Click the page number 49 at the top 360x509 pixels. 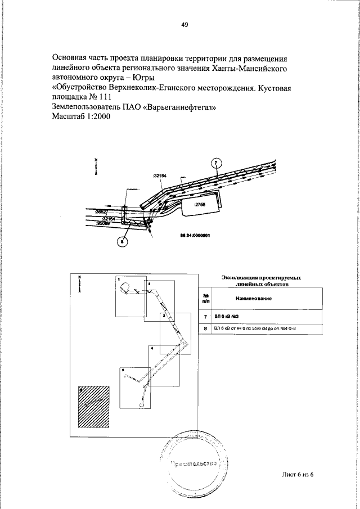[x=184, y=25]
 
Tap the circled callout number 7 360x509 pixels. [x=215, y=164]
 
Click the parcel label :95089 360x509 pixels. [x=103, y=223]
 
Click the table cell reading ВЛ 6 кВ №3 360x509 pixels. [x=227, y=317]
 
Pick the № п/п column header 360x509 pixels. [x=205, y=298]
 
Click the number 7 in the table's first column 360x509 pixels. [x=205, y=317]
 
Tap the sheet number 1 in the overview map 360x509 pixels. [x=119, y=279]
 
